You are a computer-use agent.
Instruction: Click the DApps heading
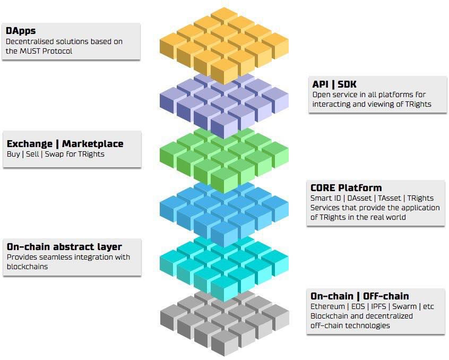tap(21, 31)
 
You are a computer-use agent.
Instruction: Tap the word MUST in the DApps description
tap(29, 51)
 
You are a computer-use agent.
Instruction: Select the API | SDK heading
tap(334, 84)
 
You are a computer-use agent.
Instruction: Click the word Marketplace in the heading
tap(93, 143)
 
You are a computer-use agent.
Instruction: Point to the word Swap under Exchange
tap(55, 154)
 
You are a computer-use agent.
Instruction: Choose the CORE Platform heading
tap(346, 188)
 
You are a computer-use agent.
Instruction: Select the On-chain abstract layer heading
tap(64, 246)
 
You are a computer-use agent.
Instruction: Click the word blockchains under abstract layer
tap(27, 267)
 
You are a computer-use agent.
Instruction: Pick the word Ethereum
tap(327, 306)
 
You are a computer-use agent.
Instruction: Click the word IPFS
tap(378, 306)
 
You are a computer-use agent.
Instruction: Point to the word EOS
tap(358, 306)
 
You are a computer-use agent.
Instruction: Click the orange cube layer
tap(224, 46)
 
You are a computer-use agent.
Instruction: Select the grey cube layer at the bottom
tap(224, 323)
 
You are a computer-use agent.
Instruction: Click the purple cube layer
tap(224, 105)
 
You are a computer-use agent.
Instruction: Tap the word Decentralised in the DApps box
tap(30, 41)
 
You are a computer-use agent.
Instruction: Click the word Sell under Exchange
tap(32, 154)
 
